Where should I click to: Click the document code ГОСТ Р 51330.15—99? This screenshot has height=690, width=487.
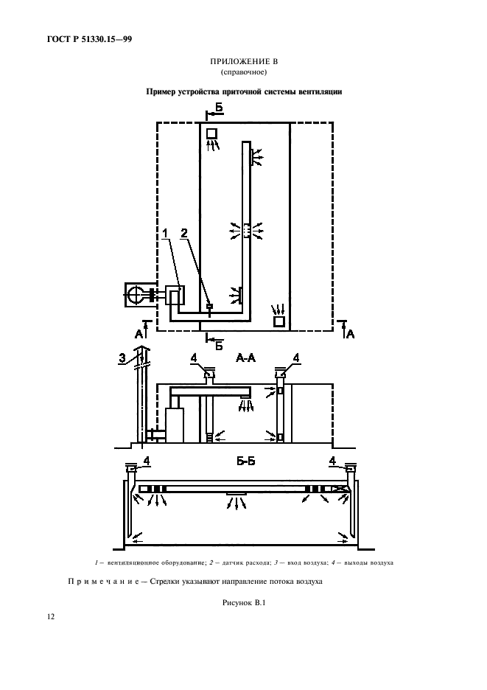(89, 40)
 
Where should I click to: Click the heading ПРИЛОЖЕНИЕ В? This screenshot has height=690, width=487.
(244, 62)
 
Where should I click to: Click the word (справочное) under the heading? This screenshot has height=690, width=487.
(244, 72)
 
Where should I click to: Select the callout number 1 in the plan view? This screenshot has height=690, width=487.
(166, 233)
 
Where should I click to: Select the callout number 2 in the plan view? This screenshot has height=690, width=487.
(184, 233)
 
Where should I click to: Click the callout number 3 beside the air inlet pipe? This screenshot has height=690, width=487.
(123, 358)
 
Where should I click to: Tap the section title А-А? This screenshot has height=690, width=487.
(245, 358)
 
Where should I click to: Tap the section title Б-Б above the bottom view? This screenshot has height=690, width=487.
(246, 461)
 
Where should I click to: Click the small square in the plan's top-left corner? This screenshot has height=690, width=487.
(212, 133)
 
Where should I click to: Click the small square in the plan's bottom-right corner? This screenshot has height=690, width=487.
(279, 321)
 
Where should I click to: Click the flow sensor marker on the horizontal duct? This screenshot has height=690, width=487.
(210, 307)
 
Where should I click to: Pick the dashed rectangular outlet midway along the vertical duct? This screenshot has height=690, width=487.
(246, 230)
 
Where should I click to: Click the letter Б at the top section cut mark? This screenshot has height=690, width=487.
(219, 107)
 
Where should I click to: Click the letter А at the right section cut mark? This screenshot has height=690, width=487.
(350, 335)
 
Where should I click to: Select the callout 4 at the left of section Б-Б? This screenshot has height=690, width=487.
(147, 461)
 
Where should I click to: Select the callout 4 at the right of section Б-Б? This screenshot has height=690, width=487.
(332, 461)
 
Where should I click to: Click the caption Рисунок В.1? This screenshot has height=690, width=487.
(244, 603)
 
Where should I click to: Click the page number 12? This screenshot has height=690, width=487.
(51, 616)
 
